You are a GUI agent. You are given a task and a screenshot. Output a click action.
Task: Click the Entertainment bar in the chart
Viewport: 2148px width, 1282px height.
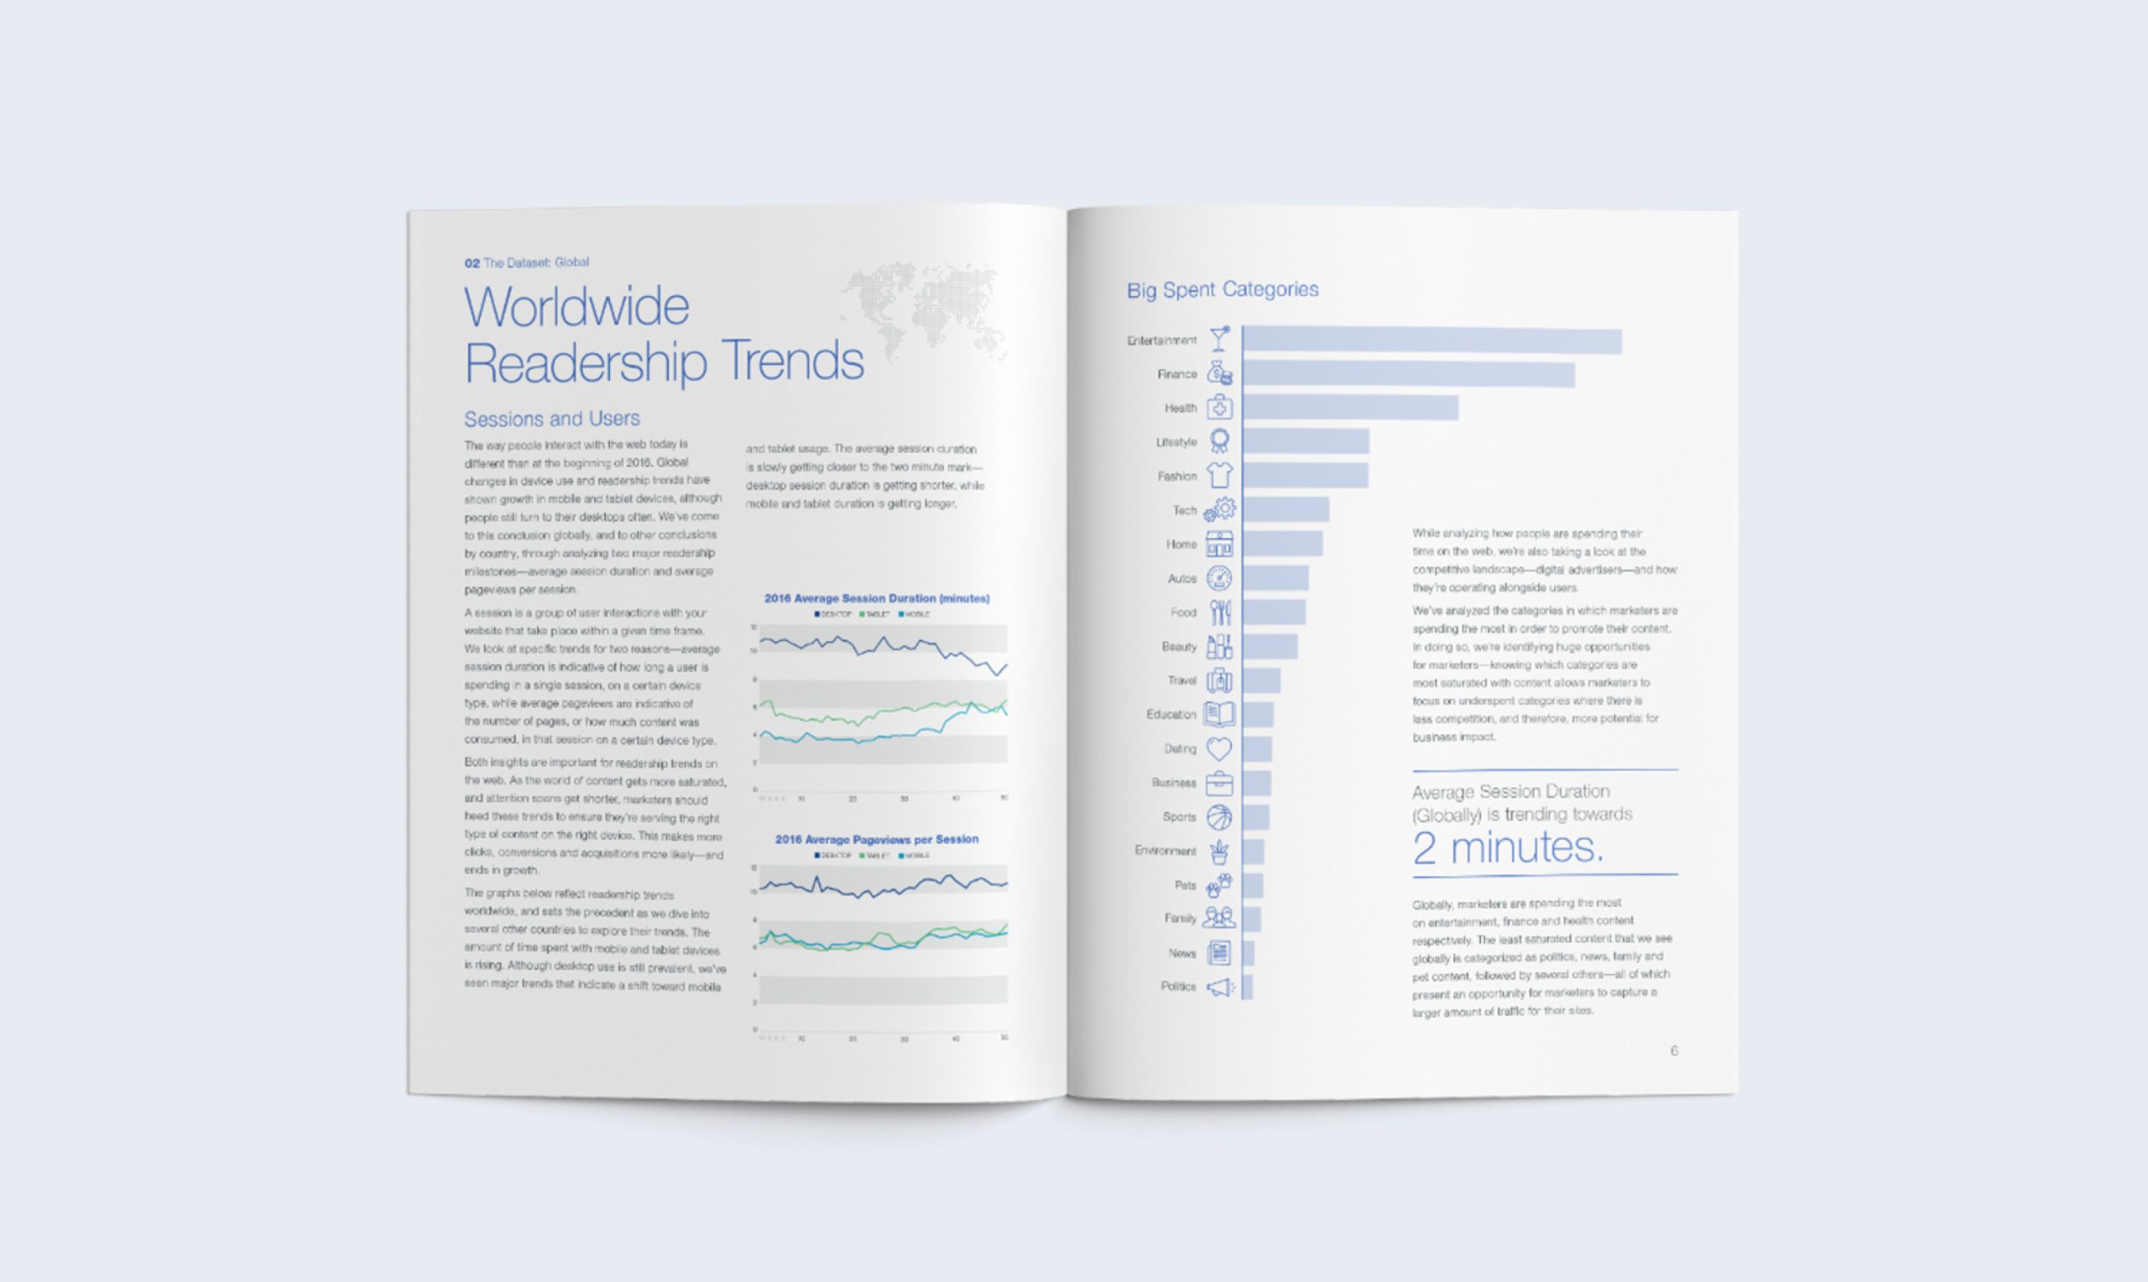pyautogui.click(x=1431, y=341)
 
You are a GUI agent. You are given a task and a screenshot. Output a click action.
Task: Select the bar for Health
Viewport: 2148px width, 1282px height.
pyautogui.click(x=1350, y=408)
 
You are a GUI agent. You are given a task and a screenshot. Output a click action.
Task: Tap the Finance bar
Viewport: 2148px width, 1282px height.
pyautogui.click(x=1408, y=374)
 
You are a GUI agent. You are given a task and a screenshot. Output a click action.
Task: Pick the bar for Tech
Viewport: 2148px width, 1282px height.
pyautogui.click(x=1285, y=509)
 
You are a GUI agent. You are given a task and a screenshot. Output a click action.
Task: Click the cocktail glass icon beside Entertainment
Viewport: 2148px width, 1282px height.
pyautogui.click(x=1219, y=339)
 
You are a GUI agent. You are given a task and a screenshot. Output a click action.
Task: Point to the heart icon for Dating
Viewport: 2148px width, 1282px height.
pyautogui.click(x=1218, y=748)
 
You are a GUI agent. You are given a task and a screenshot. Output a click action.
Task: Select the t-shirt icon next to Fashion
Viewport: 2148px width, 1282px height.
pyautogui.click(x=1219, y=475)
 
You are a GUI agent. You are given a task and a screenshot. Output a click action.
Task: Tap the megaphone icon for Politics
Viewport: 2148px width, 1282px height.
pyautogui.click(x=1219, y=987)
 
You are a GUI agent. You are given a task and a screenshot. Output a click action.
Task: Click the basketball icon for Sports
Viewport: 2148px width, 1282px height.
pyautogui.click(x=1218, y=816)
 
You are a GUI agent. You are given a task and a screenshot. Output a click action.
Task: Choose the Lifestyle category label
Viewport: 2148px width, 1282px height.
pyautogui.click(x=1176, y=442)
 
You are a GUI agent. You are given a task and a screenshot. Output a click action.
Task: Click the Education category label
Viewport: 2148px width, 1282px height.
pyautogui.click(x=1170, y=715)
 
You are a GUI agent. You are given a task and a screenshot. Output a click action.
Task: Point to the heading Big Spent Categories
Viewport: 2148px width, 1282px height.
pyautogui.click(x=1223, y=289)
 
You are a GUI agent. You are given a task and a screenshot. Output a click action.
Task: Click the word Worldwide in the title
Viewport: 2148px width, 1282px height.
pyautogui.click(x=577, y=307)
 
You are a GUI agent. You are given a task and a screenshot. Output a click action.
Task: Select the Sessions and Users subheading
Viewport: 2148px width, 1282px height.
pyautogui.click(x=552, y=419)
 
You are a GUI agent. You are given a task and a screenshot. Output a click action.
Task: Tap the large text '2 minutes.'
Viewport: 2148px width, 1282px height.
pyautogui.click(x=1507, y=847)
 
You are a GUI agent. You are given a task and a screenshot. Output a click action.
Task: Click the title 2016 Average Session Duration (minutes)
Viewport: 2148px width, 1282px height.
pyautogui.click(x=877, y=598)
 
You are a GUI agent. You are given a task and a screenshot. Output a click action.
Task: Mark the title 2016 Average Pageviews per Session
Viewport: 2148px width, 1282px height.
pyautogui.click(x=877, y=839)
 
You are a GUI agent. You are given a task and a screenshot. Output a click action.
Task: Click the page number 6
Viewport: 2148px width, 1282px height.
pyautogui.click(x=1674, y=1050)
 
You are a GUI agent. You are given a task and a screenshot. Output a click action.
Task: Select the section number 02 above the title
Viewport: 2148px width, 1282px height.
pyautogui.click(x=472, y=263)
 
